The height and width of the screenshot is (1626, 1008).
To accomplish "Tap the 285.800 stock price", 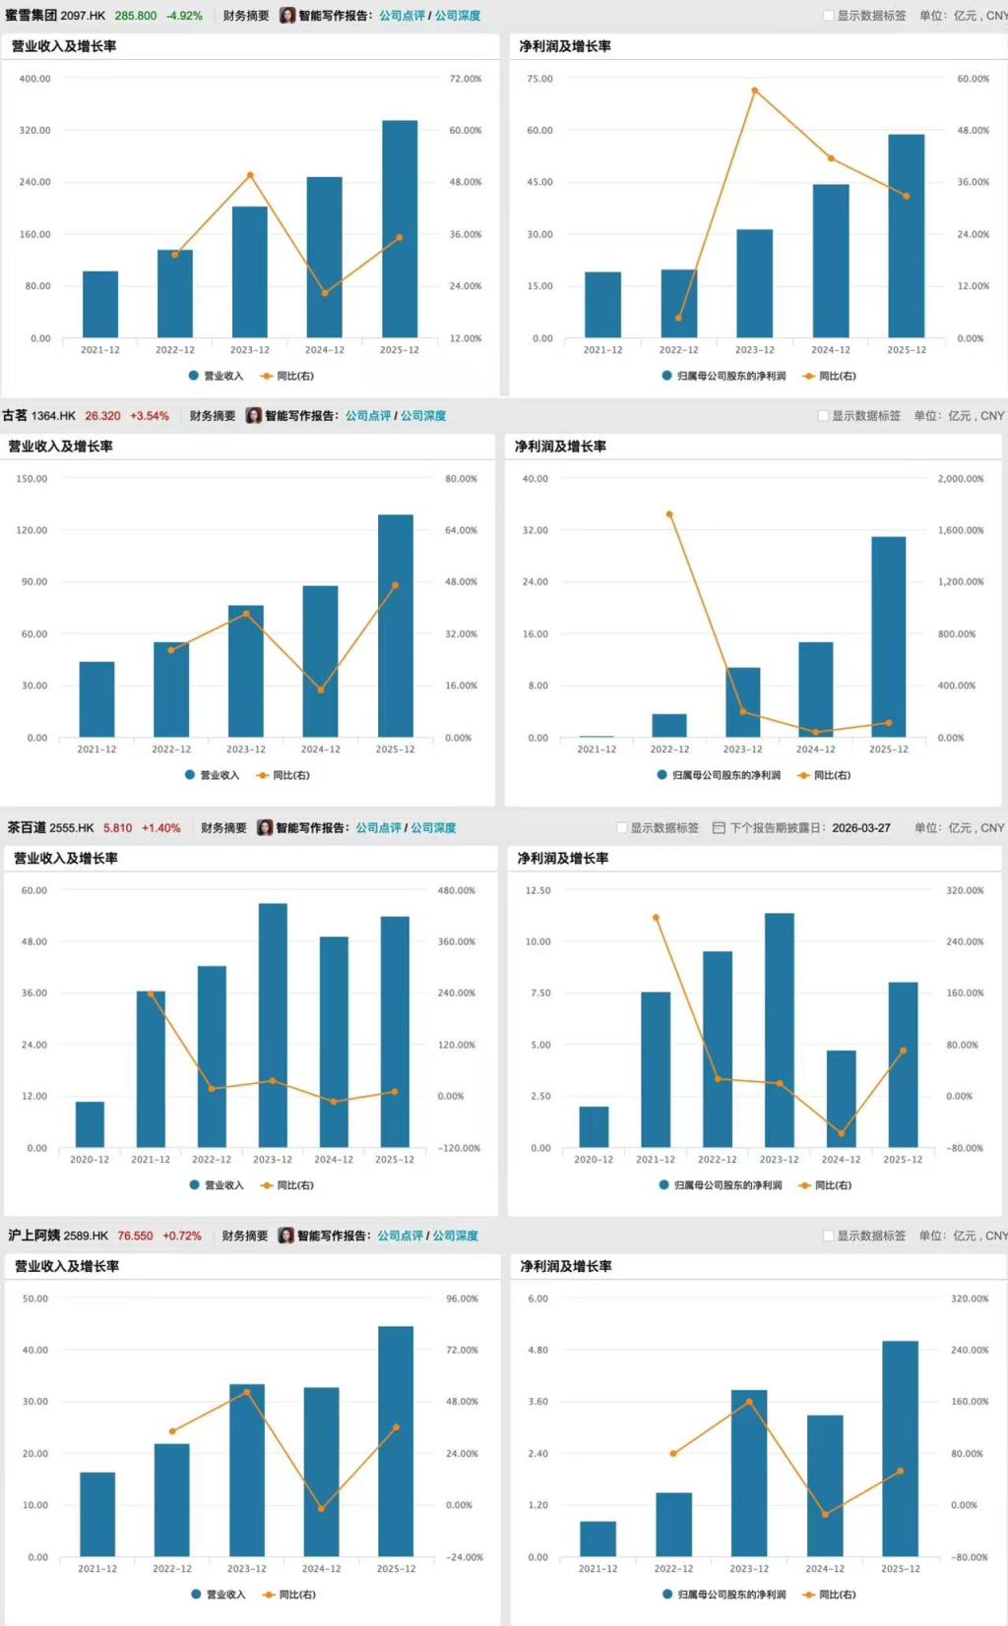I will (x=136, y=16).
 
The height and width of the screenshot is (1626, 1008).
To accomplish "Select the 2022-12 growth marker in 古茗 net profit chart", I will (x=669, y=514).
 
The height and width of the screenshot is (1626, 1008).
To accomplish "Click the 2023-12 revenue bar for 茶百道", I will (x=273, y=1025).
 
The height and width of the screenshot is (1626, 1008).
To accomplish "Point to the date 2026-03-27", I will (x=860, y=828).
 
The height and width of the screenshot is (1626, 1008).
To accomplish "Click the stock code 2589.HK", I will (x=86, y=1235).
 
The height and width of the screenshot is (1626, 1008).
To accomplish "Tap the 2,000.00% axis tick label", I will (x=961, y=479).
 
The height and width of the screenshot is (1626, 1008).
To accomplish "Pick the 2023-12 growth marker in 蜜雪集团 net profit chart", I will (x=755, y=90).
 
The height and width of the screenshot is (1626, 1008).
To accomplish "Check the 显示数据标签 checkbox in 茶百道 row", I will (x=622, y=828).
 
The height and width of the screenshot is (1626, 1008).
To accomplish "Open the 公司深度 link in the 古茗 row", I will (x=423, y=416).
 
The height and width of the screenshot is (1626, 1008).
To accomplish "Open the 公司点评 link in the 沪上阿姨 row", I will (x=400, y=1235).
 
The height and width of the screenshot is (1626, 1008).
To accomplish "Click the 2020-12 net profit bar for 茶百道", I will (x=594, y=1127).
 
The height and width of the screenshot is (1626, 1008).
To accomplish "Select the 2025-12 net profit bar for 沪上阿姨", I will (x=901, y=1448).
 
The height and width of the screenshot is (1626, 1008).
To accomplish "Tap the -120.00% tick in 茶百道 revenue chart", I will (x=459, y=1148).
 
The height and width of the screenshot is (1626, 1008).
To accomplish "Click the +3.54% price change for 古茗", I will (x=150, y=416).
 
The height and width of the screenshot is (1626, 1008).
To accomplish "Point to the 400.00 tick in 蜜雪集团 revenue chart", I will (x=34, y=79).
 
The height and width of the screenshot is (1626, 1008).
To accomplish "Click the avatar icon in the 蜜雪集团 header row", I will (x=287, y=16).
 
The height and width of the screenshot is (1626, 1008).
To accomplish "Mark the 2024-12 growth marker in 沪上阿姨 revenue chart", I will (x=321, y=1508).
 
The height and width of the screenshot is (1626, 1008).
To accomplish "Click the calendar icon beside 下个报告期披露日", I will (x=719, y=828).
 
